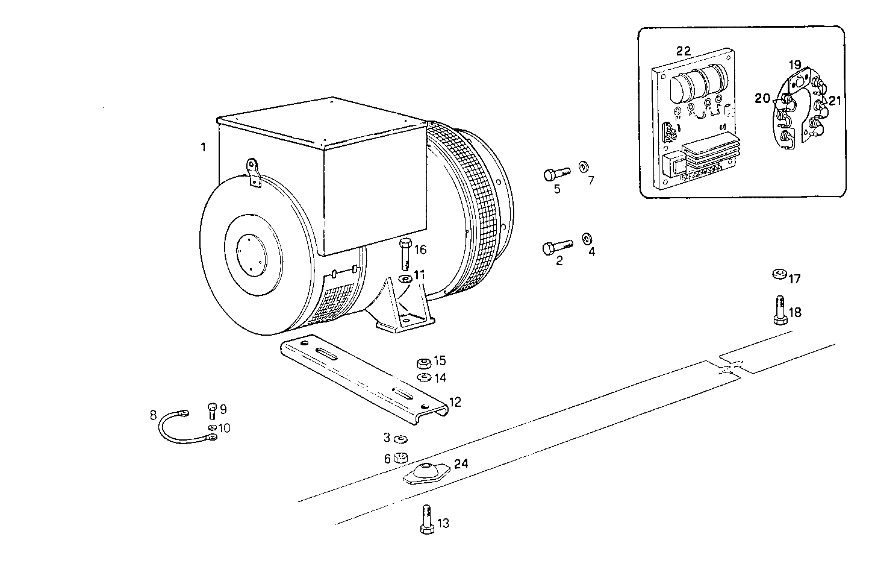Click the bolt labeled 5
point(556,175)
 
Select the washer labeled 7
point(583,166)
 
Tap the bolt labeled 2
point(556,247)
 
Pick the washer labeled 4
point(586,239)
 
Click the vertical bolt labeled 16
point(405,254)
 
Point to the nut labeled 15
point(423,363)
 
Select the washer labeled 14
point(423,378)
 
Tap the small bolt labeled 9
point(212,411)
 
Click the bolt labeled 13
point(426,518)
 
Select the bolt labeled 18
point(779,309)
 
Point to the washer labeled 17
point(779,274)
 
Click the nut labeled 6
point(399,458)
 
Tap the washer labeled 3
point(399,438)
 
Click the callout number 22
point(683,51)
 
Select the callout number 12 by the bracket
point(455,402)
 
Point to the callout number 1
point(204,146)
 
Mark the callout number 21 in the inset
point(834,101)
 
